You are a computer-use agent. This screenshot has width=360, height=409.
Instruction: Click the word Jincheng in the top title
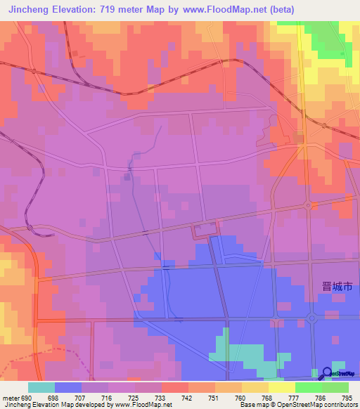29,9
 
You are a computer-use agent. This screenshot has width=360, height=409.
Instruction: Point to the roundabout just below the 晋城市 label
314,318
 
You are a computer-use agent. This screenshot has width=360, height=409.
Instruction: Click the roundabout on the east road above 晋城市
308,205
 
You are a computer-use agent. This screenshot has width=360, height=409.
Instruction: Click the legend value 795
348,397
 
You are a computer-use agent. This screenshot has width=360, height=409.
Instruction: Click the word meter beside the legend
9,397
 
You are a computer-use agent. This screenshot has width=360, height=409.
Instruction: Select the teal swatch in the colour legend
41,387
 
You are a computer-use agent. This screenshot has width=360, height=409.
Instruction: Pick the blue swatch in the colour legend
68,387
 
